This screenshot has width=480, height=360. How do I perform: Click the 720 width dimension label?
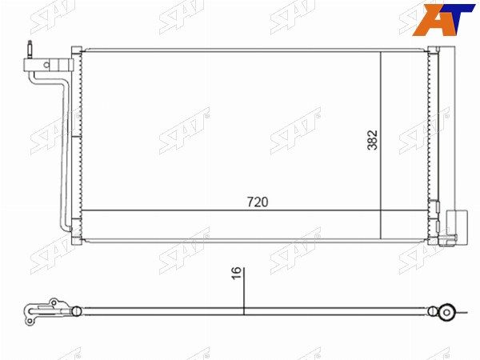pyautogui.click(x=258, y=202)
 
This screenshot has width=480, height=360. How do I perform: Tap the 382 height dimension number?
pyautogui.click(x=373, y=140)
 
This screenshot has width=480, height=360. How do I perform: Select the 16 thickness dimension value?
pyautogui.click(x=236, y=273)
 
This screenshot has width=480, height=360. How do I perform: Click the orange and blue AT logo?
pyautogui.click(x=443, y=20)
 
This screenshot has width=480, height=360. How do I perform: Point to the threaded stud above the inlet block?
pyautogui.click(x=30, y=49)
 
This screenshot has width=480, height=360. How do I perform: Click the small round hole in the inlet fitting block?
pyautogui.click(x=46, y=65)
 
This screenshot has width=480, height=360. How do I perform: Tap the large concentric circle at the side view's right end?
pyautogui.click(x=446, y=312)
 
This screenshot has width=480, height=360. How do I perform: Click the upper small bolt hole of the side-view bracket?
pyautogui.click(x=54, y=302)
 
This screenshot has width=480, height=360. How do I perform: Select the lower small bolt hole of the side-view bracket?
pyautogui.click(x=30, y=321)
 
